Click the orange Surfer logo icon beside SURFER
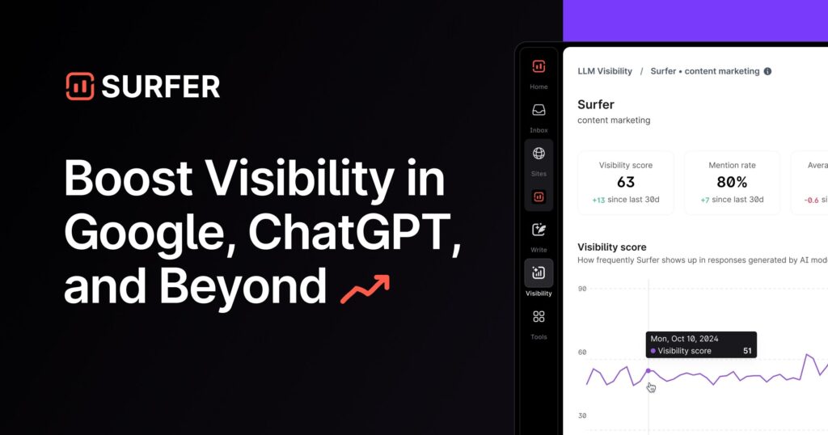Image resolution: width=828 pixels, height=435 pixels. click(80, 87)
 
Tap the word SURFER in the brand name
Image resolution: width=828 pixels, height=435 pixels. click(160, 87)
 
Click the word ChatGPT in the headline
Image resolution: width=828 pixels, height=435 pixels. click(354, 233)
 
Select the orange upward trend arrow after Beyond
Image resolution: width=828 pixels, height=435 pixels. click(365, 289)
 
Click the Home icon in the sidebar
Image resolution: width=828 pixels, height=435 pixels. click(539, 67)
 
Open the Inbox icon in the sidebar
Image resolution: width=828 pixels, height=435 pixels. click(539, 111)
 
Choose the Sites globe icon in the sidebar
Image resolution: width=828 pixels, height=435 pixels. click(539, 154)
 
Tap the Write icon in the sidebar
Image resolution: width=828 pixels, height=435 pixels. click(539, 230)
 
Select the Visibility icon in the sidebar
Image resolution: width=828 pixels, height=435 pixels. click(539, 273)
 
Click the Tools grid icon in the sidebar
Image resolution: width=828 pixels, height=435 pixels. click(539, 317)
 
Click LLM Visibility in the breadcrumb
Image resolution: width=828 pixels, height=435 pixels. click(605, 71)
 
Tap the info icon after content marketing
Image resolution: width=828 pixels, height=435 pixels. click(767, 71)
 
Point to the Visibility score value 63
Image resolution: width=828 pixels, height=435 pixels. click(625, 183)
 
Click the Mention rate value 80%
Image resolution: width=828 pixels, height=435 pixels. click(732, 183)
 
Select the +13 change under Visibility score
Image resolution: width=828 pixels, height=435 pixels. click(599, 200)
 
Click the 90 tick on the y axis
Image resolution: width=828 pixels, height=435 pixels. click(582, 289)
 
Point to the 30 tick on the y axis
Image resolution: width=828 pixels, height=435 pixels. click(582, 416)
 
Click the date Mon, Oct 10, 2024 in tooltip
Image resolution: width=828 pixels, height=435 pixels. click(684, 339)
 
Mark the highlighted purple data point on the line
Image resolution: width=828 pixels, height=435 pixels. click(648, 371)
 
